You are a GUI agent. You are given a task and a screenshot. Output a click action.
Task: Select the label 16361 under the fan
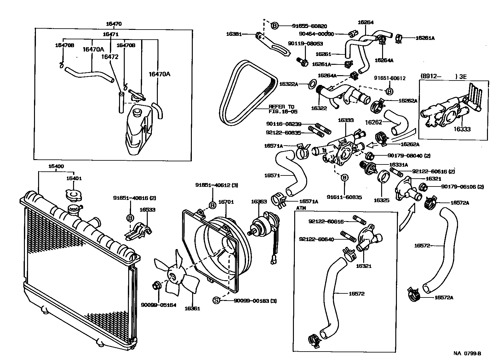tap(192, 308)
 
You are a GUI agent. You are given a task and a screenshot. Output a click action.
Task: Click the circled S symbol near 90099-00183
tap(216, 301)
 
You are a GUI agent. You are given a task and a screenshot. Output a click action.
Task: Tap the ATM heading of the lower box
tap(301, 208)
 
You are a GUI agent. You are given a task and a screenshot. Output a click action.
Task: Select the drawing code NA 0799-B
tap(467, 353)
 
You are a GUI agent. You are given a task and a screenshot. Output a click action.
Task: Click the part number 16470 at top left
tap(114, 24)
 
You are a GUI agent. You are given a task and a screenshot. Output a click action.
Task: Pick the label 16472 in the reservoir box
tap(110, 57)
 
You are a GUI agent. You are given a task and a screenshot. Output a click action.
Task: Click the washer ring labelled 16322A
tap(312, 84)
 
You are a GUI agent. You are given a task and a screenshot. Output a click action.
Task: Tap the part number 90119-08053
tap(305, 44)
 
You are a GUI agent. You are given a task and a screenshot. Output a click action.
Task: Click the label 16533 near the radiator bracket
tap(147, 210)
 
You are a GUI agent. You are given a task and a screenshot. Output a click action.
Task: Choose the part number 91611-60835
tap(344, 197)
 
